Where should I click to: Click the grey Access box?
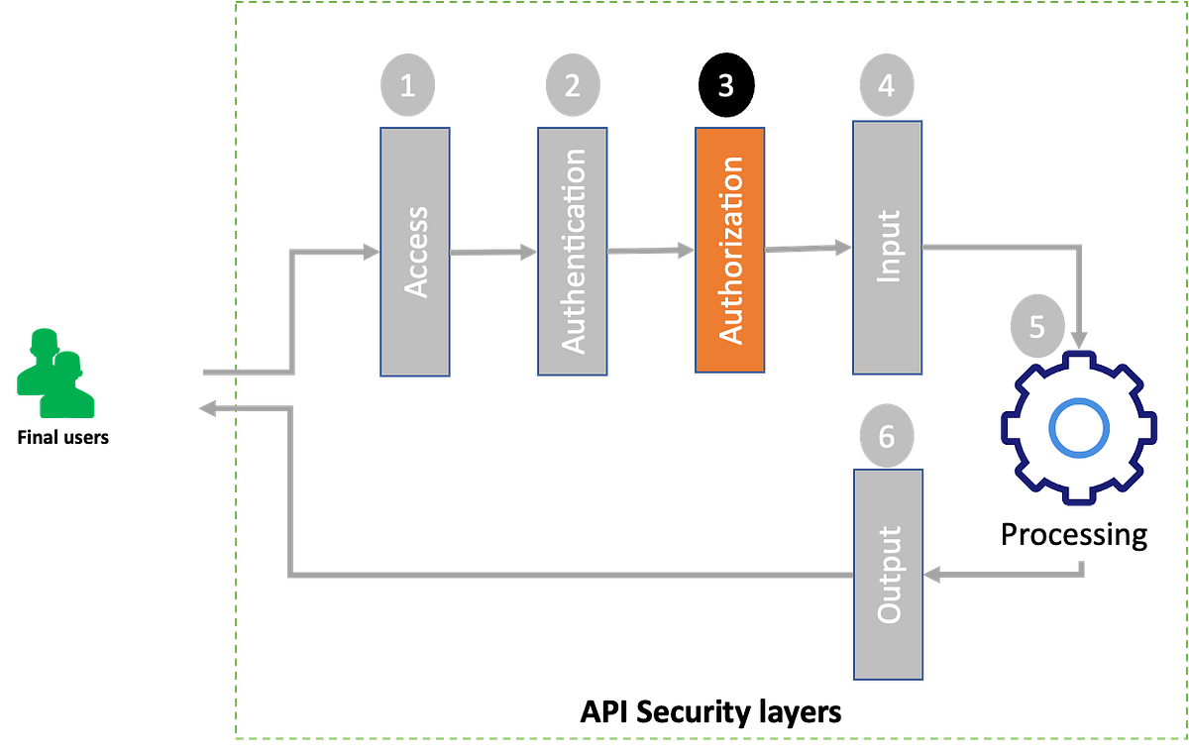tap(415, 252)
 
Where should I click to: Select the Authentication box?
tap(573, 251)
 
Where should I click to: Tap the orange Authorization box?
tap(729, 250)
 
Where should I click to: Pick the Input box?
tap(888, 248)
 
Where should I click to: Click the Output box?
tap(889, 575)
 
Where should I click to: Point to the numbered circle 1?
tap(407, 85)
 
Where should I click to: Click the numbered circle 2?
tap(573, 85)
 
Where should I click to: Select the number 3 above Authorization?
tap(725, 86)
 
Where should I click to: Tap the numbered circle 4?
tap(886, 85)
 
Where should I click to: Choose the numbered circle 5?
tap(1036, 327)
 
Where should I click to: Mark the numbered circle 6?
tap(886, 435)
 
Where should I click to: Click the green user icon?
tap(54, 374)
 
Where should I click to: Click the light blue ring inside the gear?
tap(1077, 428)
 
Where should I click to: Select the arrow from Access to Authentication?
tap(493, 253)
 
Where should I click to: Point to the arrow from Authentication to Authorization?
tap(650, 251)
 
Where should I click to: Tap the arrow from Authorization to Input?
tap(809, 248)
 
